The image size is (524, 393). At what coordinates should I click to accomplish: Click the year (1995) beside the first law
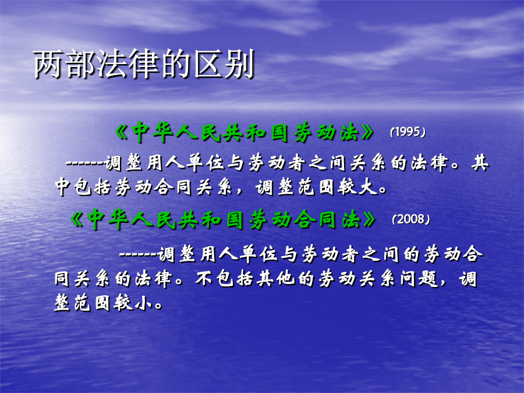click(408, 132)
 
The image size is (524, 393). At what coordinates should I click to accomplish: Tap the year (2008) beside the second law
click(410, 219)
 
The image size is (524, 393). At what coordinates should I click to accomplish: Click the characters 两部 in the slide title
click(64, 64)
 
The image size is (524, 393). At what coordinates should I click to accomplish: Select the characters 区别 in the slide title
click(224, 64)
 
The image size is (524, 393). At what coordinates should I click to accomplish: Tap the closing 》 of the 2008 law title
click(369, 220)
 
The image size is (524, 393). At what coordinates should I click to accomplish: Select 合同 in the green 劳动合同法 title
click(315, 220)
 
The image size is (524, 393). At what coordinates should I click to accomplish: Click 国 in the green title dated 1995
click(279, 133)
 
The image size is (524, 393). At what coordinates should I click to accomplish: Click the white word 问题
click(419, 278)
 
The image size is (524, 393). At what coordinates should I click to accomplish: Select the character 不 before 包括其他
click(204, 278)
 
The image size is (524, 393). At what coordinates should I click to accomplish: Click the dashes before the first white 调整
click(84, 164)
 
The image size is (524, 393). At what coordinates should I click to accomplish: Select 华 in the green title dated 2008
click(118, 220)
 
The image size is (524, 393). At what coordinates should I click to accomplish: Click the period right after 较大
click(383, 189)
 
